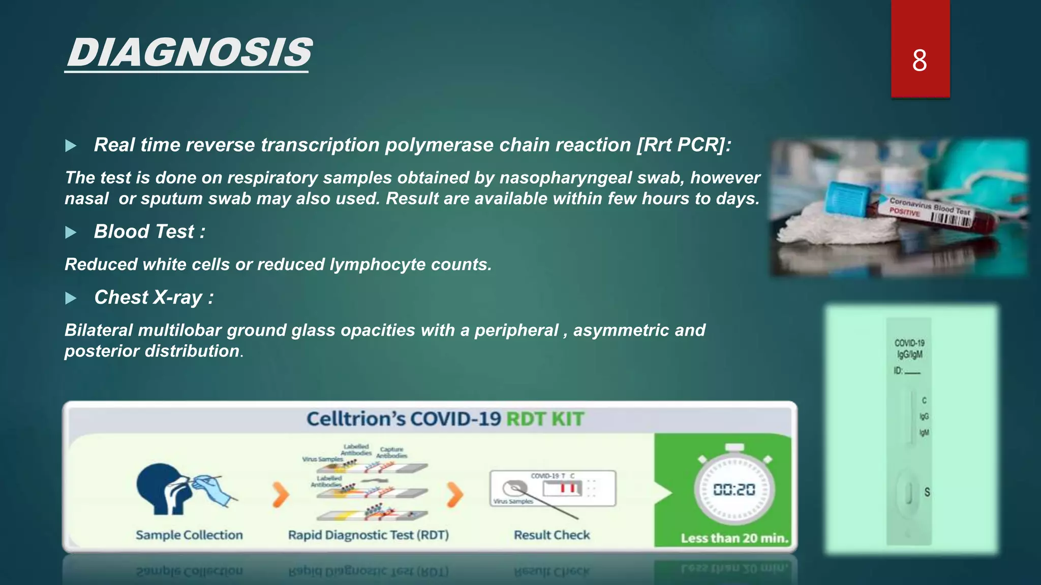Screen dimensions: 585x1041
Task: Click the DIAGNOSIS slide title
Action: coord(189,53)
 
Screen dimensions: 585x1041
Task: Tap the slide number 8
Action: coord(919,61)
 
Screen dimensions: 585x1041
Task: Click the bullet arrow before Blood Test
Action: coord(71,233)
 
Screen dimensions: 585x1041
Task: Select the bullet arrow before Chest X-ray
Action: coord(71,298)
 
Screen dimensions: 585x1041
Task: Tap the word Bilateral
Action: coord(99,331)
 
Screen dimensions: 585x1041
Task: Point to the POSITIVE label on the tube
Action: coord(904,212)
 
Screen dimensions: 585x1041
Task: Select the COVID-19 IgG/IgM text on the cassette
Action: coord(909,349)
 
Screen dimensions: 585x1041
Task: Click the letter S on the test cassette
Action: coord(927,492)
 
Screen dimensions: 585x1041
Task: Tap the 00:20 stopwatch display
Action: coord(734,490)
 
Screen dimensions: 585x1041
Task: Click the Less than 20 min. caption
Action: coord(734,538)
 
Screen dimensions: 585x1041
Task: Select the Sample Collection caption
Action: coord(189,535)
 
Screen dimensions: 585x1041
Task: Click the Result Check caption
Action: coord(552,535)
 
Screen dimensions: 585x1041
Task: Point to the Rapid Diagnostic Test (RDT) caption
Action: coord(368,535)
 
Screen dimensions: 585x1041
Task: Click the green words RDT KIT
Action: coord(545,419)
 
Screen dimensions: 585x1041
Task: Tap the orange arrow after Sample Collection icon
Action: coord(280,495)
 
